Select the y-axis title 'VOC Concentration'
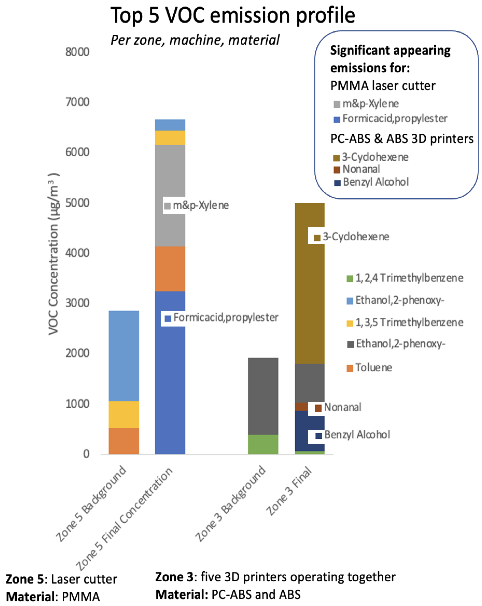point(53,254)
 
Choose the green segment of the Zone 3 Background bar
point(263,444)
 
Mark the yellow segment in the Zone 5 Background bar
point(124,415)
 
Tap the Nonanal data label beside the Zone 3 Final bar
point(342,407)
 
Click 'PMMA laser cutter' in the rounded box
point(383,86)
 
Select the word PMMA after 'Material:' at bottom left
point(81,597)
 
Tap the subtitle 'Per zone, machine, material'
point(195,40)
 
